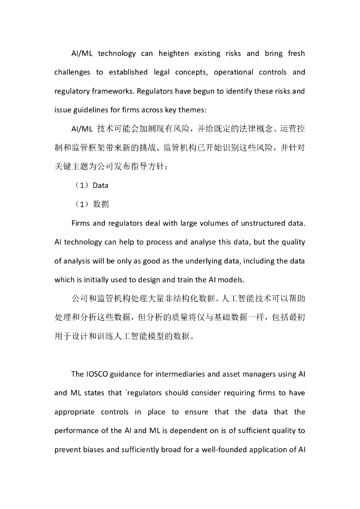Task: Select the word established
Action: click(129, 72)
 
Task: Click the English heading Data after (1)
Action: click(100, 185)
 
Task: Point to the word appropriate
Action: click(74, 412)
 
